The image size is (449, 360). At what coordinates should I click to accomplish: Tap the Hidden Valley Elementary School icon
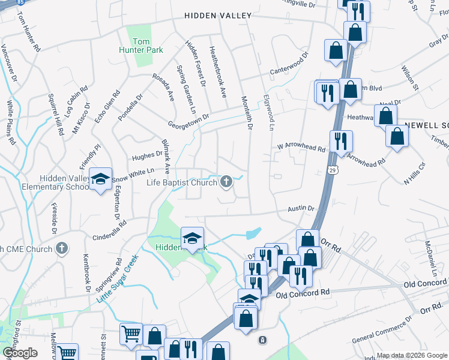(x=101, y=178)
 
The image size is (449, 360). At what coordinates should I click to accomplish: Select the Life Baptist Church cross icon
(x=226, y=182)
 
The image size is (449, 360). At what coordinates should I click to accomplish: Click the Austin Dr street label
(x=301, y=208)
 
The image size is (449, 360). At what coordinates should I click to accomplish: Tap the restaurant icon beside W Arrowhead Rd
(x=340, y=141)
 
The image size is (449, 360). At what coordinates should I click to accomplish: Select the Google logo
(x=19, y=353)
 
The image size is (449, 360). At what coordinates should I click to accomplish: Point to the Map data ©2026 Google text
(x=412, y=355)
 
